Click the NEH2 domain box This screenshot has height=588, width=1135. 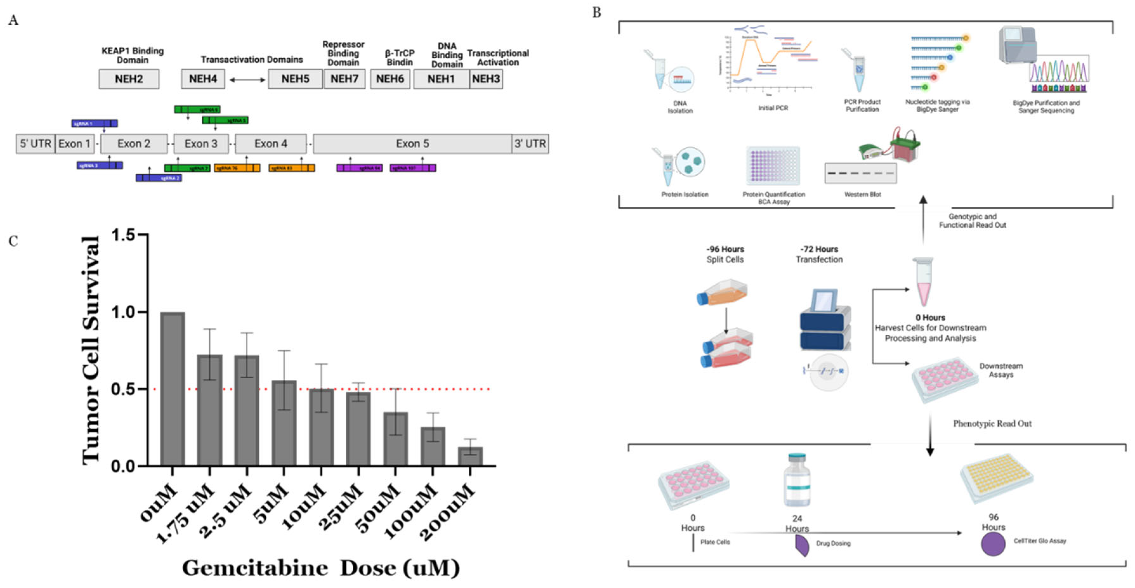[129, 79]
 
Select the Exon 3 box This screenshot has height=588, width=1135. [201, 144]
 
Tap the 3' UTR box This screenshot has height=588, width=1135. [530, 144]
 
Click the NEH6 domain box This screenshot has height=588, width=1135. [390, 79]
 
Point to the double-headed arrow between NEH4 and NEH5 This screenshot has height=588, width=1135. [247, 80]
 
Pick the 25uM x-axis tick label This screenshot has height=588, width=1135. [342, 507]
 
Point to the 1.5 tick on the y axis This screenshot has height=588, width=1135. [123, 235]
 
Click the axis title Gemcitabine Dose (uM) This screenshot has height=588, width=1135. [321, 568]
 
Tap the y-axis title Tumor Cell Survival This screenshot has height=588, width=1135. [91, 350]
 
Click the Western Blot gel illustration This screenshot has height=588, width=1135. [860, 173]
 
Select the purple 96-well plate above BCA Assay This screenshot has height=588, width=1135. [773, 165]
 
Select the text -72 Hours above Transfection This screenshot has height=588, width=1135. [819, 249]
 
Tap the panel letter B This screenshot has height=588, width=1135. [597, 12]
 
